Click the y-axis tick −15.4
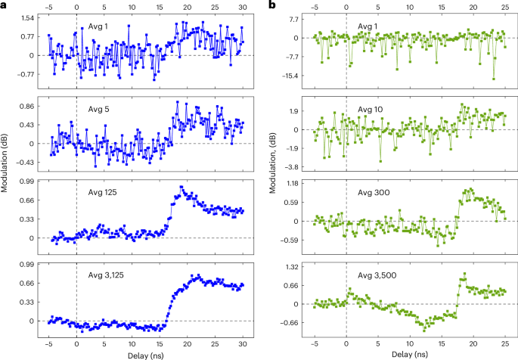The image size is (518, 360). click(293, 76)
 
